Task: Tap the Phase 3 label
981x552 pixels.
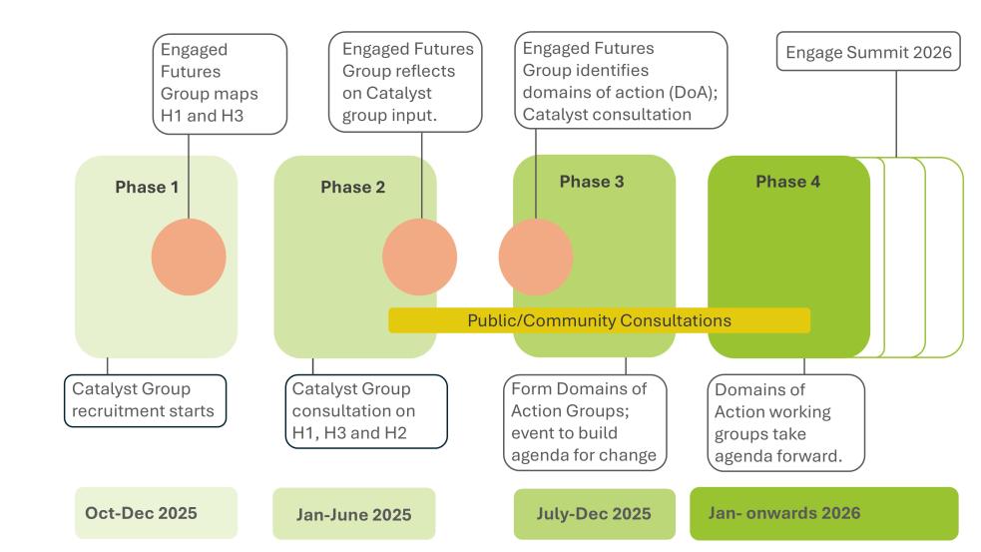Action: (591, 182)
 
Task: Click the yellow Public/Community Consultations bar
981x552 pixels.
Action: (599, 321)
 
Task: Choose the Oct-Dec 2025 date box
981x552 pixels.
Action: (156, 513)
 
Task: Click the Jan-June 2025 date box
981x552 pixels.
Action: (353, 514)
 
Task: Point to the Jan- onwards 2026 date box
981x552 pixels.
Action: (823, 513)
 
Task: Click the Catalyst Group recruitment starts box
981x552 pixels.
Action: (145, 399)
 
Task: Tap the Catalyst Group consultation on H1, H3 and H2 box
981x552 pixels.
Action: (366, 410)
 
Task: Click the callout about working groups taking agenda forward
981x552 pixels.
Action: (785, 421)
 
